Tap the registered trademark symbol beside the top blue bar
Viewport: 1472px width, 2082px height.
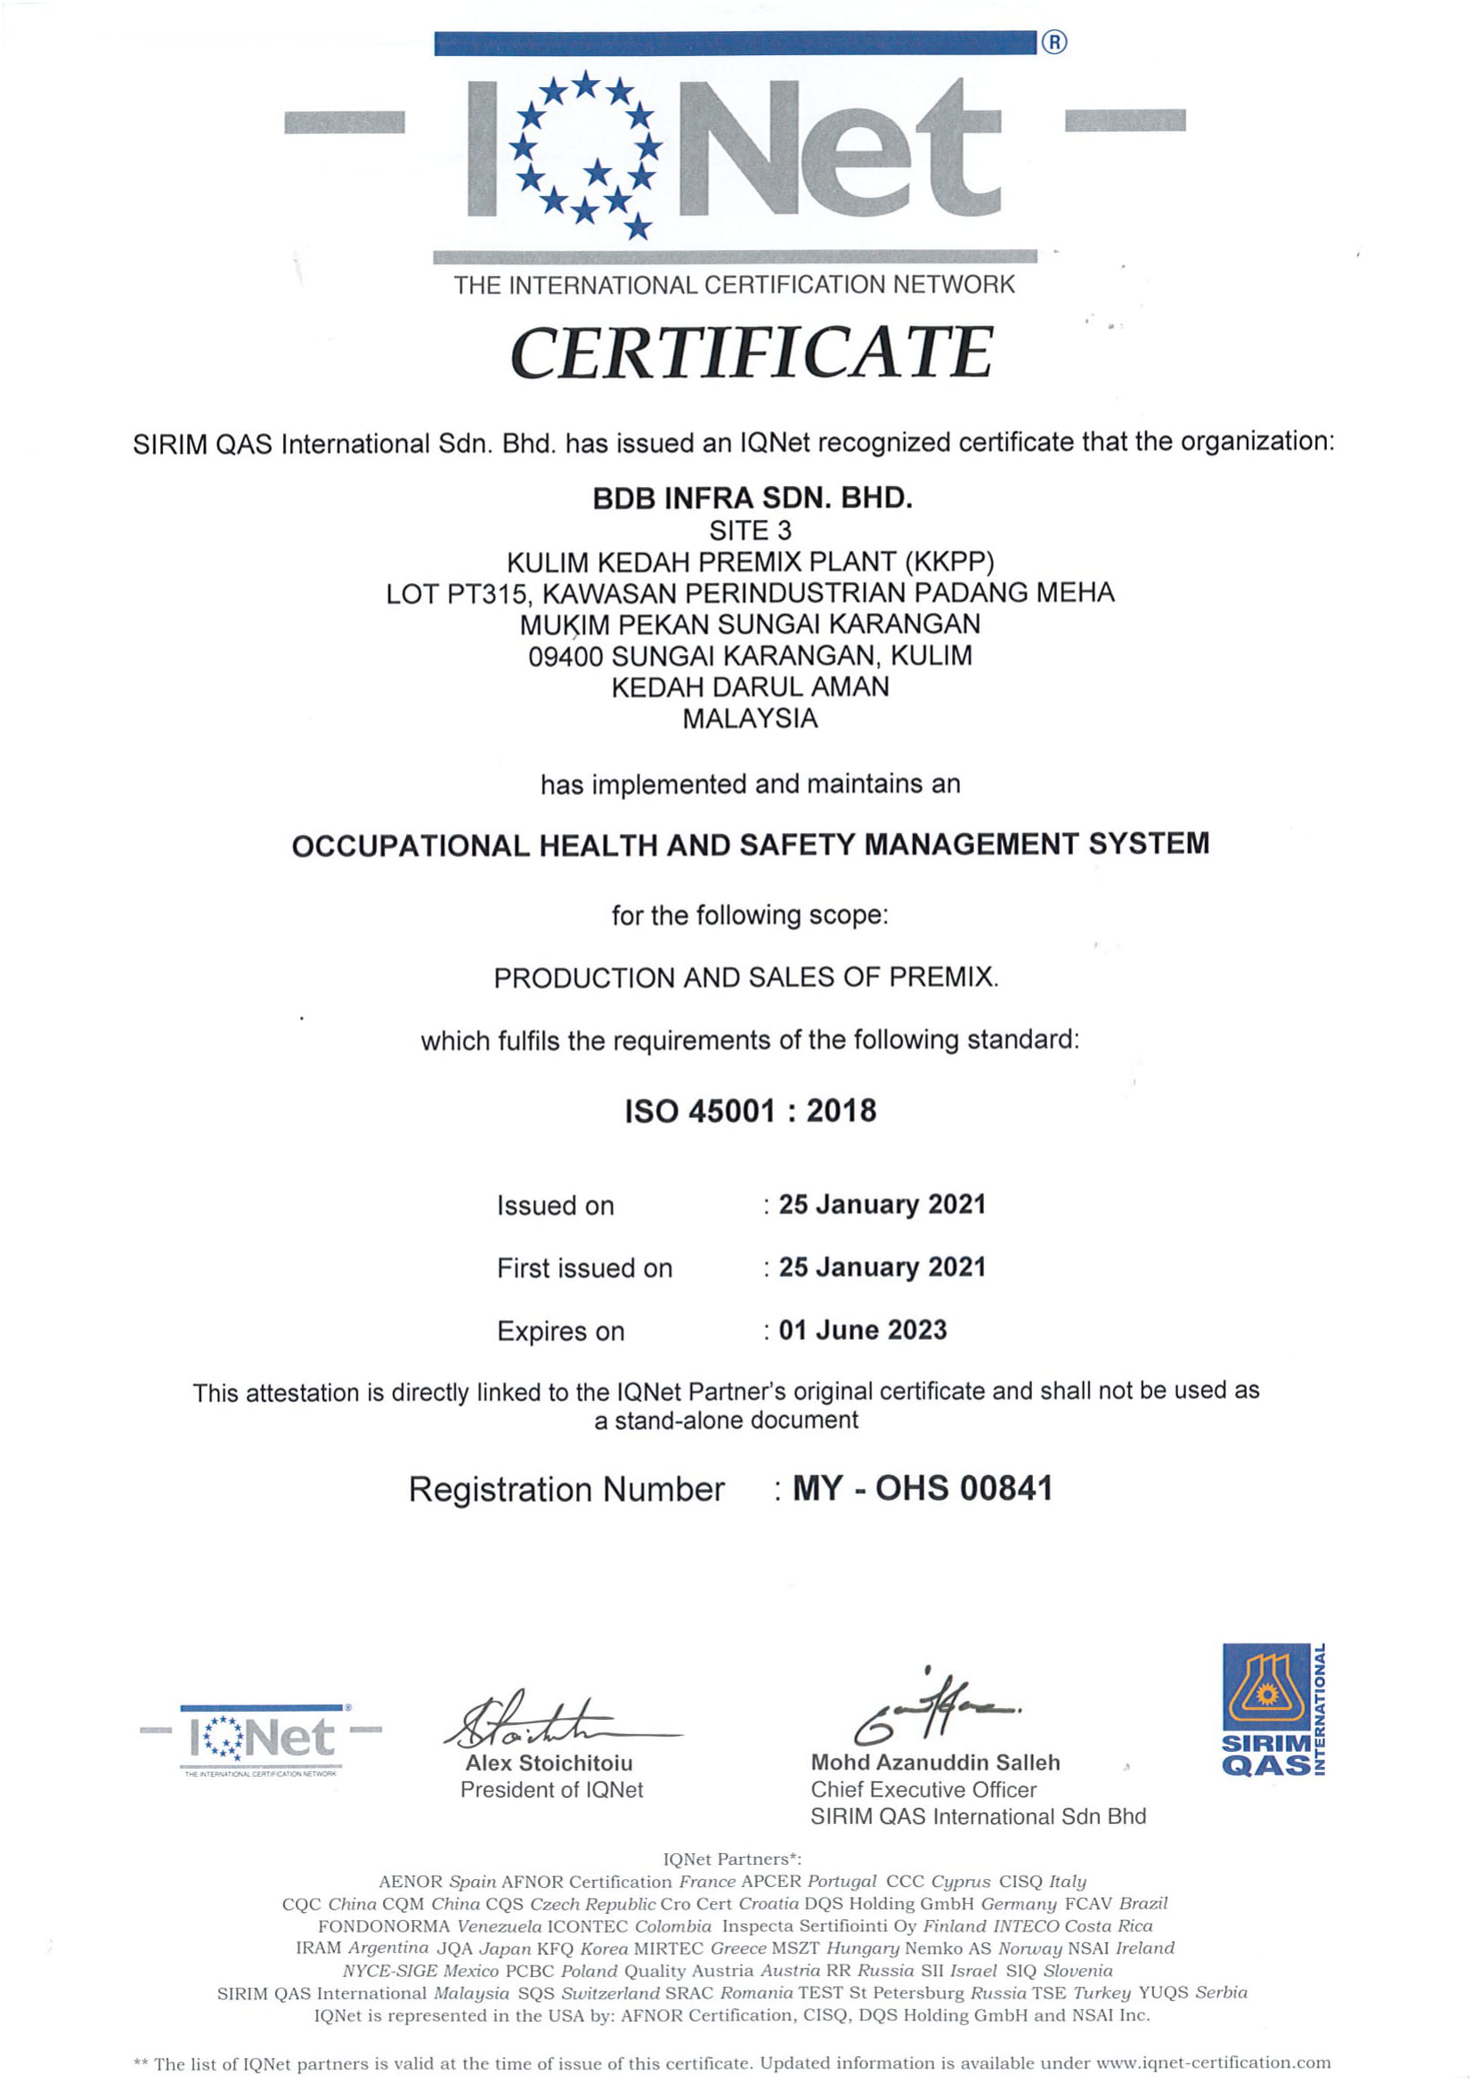[x=1053, y=42]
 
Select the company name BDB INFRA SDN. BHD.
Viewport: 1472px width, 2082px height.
[x=752, y=498]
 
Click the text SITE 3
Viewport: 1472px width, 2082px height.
[x=750, y=531]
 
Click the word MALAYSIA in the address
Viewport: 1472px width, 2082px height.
[x=750, y=718]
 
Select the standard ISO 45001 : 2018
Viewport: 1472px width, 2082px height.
[x=750, y=1111]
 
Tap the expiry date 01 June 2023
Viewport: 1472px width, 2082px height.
[x=863, y=1329]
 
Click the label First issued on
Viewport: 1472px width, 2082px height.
[x=584, y=1268]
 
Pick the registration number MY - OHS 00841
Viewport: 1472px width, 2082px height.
[x=923, y=1488]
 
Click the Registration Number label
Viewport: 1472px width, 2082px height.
[x=566, y=1490]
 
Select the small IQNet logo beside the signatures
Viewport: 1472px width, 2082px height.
[x=261, y=1738]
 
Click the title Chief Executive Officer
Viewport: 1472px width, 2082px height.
[x=923, y=1789]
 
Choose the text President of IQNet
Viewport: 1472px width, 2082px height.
[x=551, y=1789]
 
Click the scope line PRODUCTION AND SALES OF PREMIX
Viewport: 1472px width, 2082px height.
[x=745, y=977]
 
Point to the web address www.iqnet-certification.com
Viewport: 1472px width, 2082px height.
[x=1214, y=2063]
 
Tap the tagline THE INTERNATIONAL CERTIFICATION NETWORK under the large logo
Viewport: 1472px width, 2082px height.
[x=734, y=285]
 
